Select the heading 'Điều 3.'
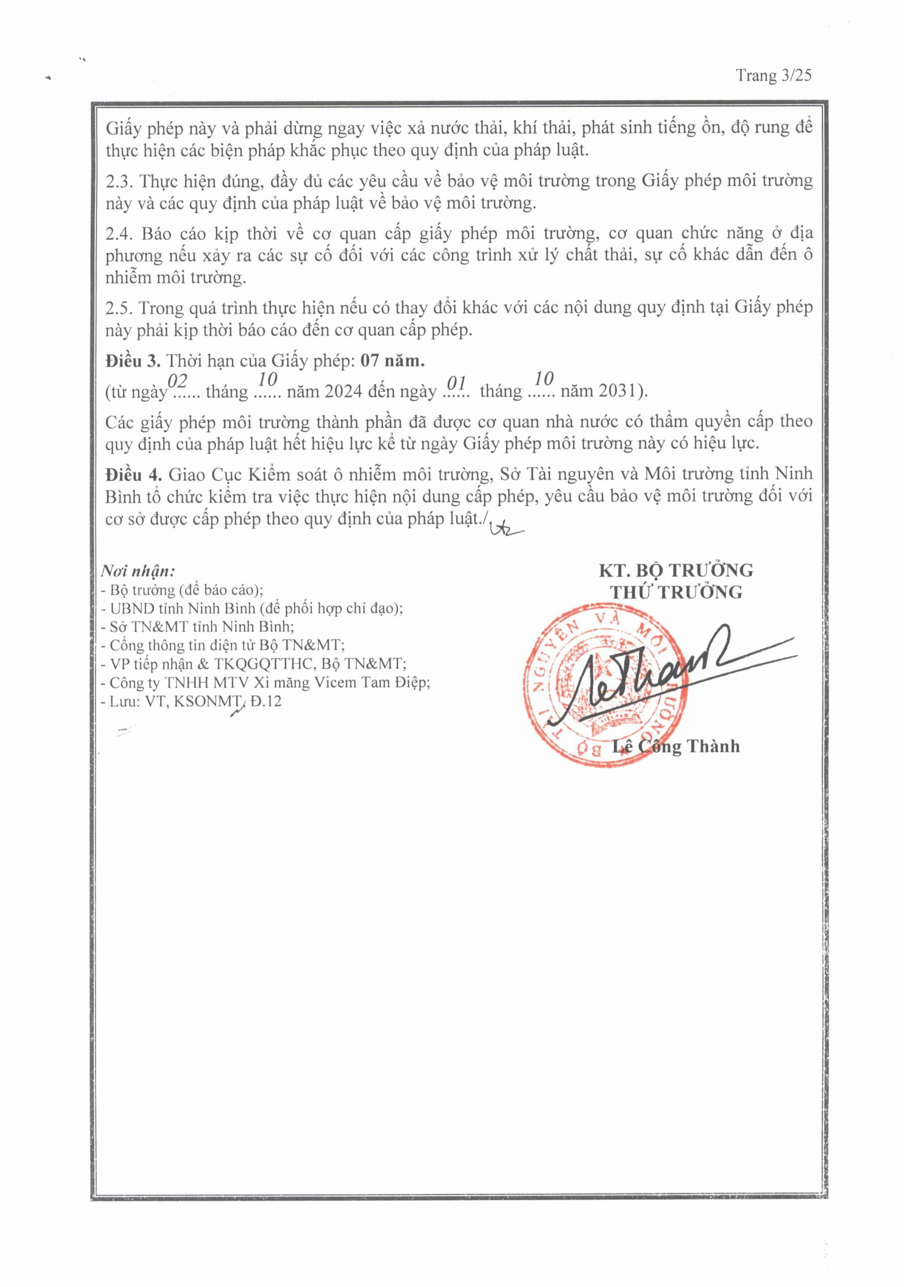pos(133,360)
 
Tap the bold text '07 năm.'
pos(392,360)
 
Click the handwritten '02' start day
pos(177,381)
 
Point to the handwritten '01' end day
pos(458,383)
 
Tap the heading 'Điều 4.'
pos(133,474)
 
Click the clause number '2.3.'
pos(120,181)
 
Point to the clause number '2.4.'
pos(121,233)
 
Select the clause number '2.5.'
pos(120,308)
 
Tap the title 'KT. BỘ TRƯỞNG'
pos(676,570)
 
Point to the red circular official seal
pos(605,684)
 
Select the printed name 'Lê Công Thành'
pos(676,746)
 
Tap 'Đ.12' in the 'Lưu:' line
pos(265,701)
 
